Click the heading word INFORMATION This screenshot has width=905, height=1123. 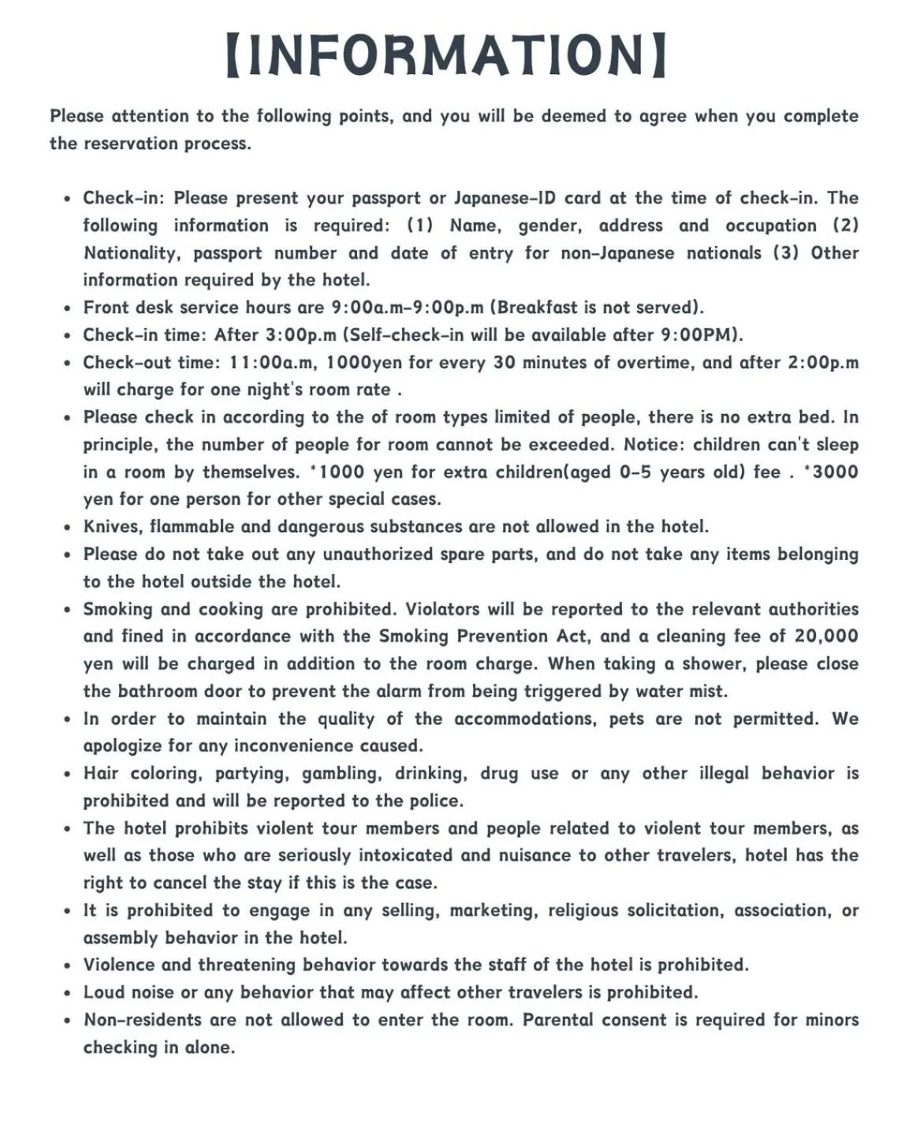(446, 54)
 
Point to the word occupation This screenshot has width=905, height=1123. (770, 226)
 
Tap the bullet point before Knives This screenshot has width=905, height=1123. (69, 528)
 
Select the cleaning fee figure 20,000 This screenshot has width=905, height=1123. (825, 636)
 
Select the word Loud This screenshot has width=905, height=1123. (104, 992)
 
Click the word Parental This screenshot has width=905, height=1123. (557, 1020)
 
